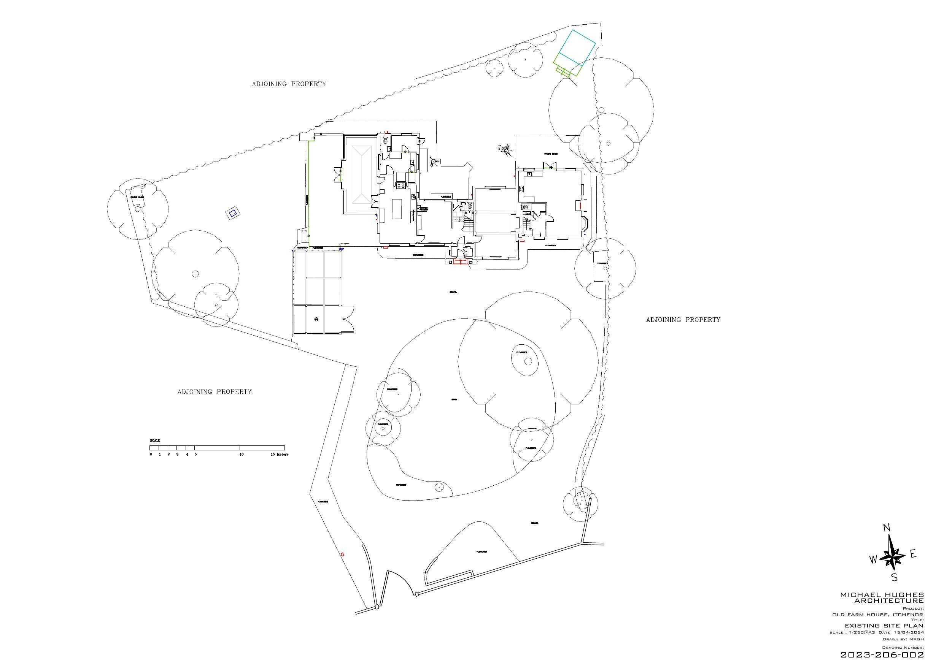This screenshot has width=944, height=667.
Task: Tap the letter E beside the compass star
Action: [913, 555]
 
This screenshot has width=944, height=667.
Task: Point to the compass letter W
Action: [873, 560]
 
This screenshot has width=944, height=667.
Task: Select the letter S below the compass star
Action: [894, 577]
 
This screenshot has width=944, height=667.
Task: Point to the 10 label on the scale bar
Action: [242, 455]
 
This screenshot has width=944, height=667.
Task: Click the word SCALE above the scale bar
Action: [155, 440]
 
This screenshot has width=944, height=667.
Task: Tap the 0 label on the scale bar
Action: [151, 455]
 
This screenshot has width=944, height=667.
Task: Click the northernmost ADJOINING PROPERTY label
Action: [289, 84]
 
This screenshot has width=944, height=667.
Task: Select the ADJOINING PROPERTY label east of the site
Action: [683, 320]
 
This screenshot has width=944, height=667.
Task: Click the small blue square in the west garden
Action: [233, 213]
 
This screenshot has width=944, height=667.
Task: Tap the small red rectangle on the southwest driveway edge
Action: [342, 555]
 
